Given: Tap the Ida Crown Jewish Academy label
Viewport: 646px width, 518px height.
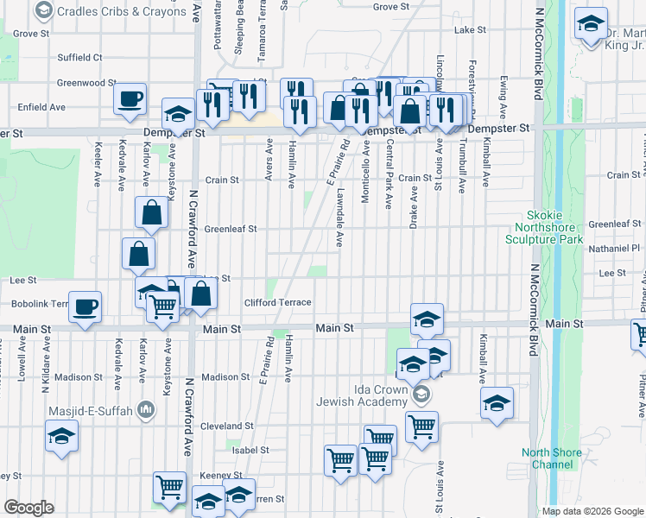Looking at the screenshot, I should click(380, 395).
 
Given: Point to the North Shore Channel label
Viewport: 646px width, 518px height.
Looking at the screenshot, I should click(547, 458).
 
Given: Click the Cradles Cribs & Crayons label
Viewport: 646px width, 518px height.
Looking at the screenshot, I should click(121, 11).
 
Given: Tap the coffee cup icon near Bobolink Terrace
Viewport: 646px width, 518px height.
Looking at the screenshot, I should click(85, 306).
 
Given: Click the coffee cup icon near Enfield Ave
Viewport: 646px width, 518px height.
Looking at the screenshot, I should click(130, 99).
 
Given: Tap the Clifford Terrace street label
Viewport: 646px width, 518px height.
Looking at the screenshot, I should click(277, 302).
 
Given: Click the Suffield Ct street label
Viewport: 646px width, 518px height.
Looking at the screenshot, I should click(79, 58).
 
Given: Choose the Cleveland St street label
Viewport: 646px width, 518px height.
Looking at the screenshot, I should click(226, 426).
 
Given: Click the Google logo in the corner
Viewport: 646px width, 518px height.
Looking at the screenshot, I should click(28, 508).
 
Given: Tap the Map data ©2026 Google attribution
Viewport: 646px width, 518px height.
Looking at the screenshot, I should click(592, 511).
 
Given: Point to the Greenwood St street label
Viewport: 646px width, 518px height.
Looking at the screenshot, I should click(86, 83).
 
